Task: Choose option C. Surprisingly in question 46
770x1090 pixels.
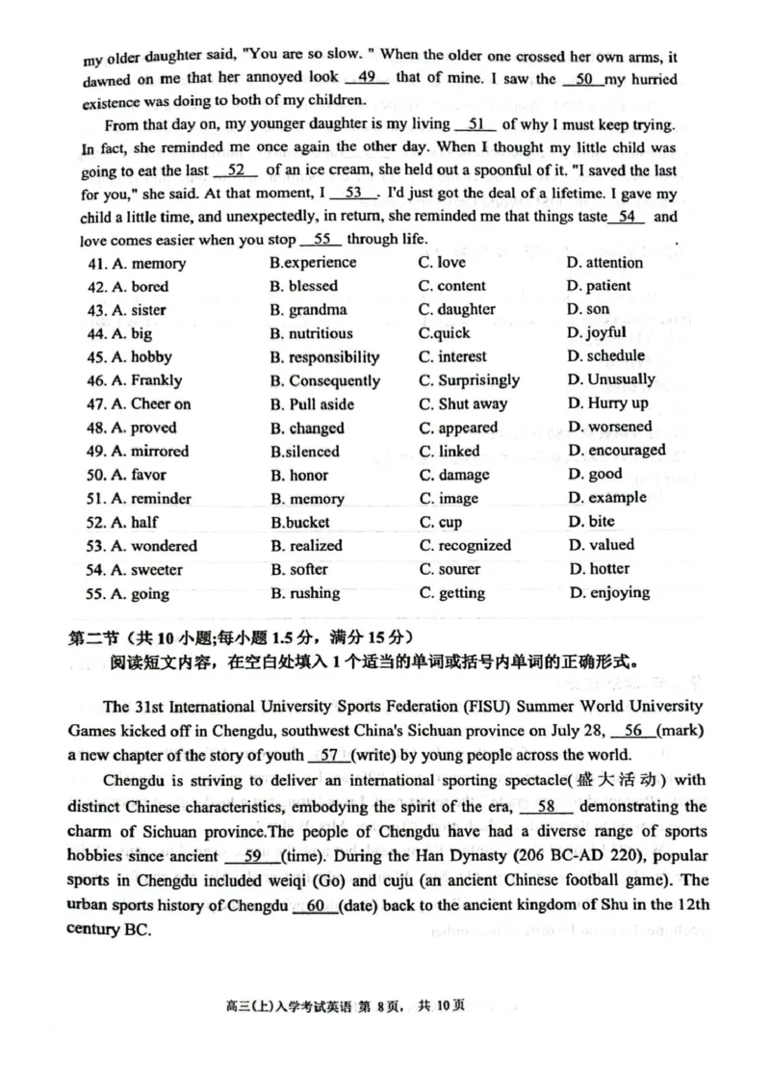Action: pos(469,379)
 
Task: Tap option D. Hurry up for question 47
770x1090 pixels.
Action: pos(607,403)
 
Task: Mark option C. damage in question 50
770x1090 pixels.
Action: pos(453,475)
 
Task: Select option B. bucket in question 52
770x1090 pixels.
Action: pos(299,522)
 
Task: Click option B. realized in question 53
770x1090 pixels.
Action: pos(306,545)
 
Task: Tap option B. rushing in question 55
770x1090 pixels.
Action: pos(305,593)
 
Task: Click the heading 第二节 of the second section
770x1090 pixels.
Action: pos(95,636)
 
